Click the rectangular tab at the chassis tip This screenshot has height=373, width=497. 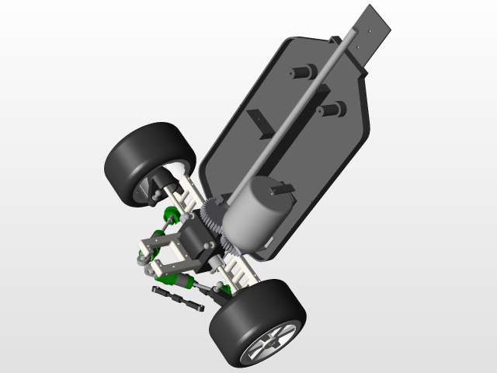tap(377, 31)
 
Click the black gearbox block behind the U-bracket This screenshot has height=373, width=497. tap(190, 241)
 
